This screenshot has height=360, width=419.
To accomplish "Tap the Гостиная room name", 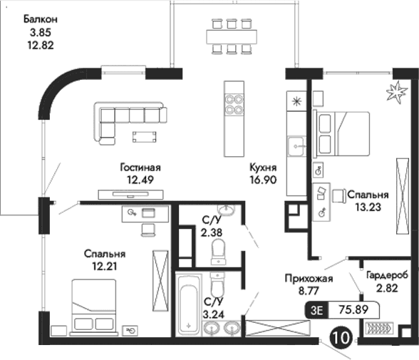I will pyautogui.click(x=140, y=167).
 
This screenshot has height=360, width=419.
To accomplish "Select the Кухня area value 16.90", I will pyautogui.click(x=263, y=180).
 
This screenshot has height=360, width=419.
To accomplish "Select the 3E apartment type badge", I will pyautogui.click(x=316, y=309).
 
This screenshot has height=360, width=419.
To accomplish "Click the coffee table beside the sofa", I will pyautogui.click(x=145, y=136).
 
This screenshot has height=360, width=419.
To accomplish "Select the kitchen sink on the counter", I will pyautogui.click(x=294, y=147).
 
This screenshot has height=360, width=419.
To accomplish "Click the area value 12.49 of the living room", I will pyautogui.click(x=140, y=180).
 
